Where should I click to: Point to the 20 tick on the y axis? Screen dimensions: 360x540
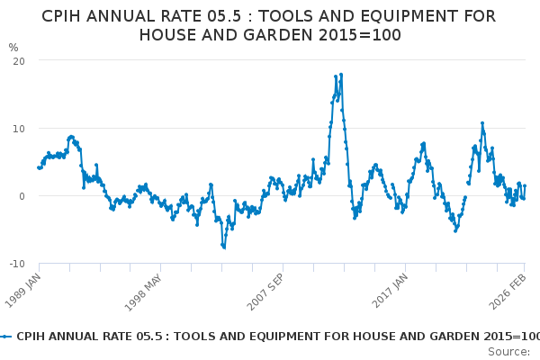18,60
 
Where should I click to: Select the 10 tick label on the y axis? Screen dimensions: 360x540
18,128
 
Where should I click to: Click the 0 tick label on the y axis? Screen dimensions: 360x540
21,195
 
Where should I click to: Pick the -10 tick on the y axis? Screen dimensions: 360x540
16,264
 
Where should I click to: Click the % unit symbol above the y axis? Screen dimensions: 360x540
13,47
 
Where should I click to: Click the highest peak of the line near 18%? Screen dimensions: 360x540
341,74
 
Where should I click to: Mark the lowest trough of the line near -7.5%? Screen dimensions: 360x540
224,247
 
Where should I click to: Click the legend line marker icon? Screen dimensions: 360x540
6,335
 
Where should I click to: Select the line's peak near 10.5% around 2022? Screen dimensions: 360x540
482,123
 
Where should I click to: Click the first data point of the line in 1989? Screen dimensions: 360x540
38,167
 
